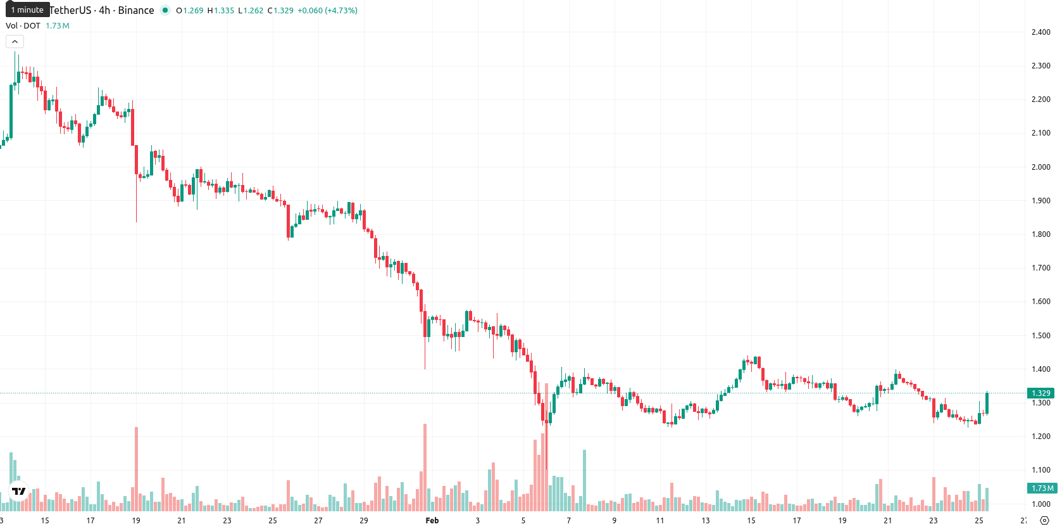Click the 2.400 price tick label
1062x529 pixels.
pyautogui.click(x=1040, y=32)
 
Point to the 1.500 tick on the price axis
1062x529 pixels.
pyautogui.click(x=1040, y=335)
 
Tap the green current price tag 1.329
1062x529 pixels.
pyautogui.click(x=1040, y=393)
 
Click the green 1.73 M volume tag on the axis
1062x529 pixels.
pyautogui.click(x=1042, y=488)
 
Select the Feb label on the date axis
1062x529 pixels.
pyautogui.click(x=432, y=521)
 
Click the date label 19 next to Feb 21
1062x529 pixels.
pyautogui.click(x=842, y=521)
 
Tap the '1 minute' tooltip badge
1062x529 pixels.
pyautogui.click(x=27, y=10)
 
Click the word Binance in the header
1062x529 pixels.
pyautogui.click(x=136, y=10)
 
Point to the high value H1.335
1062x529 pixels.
pyautogui.click(x=221, y=10)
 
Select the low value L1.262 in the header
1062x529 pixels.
pyautogui.click(x=251, y=10)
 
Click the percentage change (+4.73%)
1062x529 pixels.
pyautogui.click(x=341, y=10)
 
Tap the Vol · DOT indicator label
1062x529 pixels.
pyautogui.click(x=23, y=25)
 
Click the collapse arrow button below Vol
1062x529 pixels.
pyautogui.click(x=15, y=42)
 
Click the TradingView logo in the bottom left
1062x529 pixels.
pyautogui.click(x=19, y=491)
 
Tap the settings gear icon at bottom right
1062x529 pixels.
pyautogui.click(x=1044, y=521)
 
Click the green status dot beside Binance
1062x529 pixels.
pyautogui.click(x=165, y=10)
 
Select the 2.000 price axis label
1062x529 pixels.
pyautogui.click(x=1040, y=167)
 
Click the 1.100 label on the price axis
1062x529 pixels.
pyautogui.click(x=1040, y=470)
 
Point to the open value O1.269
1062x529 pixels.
pyautogui.click(x=190, y=10)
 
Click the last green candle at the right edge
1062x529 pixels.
pyautogui.click(x=987, y=403)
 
